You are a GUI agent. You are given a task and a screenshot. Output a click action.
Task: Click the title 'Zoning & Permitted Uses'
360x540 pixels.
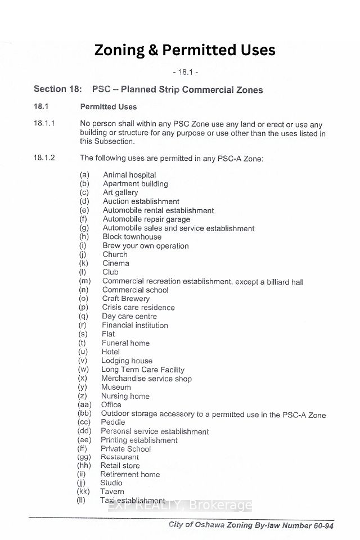(x=184, y=51)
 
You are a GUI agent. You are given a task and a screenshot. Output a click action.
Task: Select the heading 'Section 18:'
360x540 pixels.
(x=58, y=89)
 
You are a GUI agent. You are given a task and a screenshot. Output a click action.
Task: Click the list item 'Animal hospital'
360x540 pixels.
(x=129, y=175)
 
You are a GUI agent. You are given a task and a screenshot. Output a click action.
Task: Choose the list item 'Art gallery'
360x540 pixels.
(x=120, y=192)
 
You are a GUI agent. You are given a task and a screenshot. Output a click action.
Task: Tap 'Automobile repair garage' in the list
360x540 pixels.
(x=146, y=219)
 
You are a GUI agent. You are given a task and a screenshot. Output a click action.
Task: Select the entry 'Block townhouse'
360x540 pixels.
(x=132, y=237)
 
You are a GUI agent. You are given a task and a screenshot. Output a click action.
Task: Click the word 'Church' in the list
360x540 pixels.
(x=115, y=254)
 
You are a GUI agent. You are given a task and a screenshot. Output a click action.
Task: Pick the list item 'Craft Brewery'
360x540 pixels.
(x=125, y=299)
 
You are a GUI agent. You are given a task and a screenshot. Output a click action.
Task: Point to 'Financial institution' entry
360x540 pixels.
(x=134, y=325)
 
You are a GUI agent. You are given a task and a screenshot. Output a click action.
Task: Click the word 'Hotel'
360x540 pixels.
(x=110, y=352)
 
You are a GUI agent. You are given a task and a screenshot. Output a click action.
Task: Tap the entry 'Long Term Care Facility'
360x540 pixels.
(x=142, y=370)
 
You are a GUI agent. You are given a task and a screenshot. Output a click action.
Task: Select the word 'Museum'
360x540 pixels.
(x=116, y=387)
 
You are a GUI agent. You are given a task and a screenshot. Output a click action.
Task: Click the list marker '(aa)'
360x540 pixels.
(x=84, y=404)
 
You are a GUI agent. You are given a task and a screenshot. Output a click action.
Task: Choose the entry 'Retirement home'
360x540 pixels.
(x=130, y=474)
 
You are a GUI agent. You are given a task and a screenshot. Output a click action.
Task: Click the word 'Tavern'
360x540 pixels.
(x=112, y=491)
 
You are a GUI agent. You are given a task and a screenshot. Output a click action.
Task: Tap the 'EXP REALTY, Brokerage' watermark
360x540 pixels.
(x=180, y=505)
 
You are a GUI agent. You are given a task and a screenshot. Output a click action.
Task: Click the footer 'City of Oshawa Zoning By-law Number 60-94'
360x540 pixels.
(x=251, y=525)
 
